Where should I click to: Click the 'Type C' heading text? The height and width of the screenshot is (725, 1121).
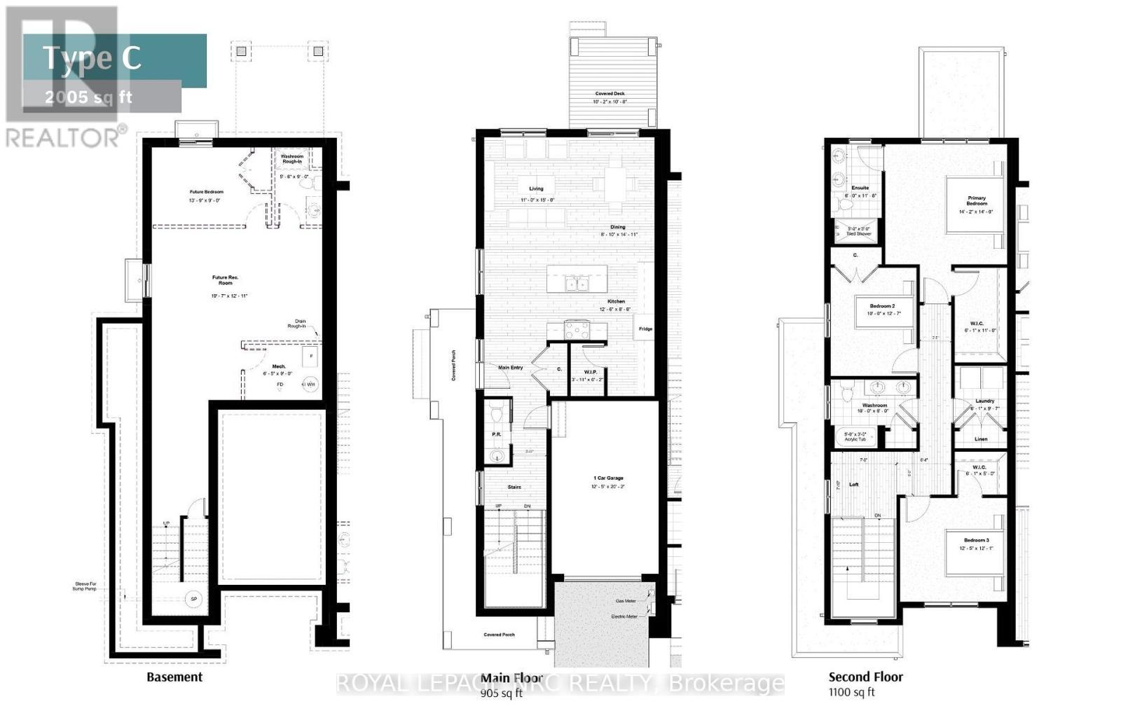click(92, 58)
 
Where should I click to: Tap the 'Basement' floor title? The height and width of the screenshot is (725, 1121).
click(174, 677)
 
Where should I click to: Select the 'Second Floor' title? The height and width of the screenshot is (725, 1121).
click(865, 677)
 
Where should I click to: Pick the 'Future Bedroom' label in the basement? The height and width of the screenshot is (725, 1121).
click(206, 192)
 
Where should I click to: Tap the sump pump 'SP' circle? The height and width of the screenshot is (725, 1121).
click(193, 600)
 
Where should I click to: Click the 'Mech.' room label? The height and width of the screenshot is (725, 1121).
click(279, 366)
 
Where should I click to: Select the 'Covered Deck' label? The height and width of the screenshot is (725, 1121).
click(610, 94)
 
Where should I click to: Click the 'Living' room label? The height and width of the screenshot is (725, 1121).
click(536, 188)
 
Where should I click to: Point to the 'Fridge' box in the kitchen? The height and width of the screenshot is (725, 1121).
click(645, 329)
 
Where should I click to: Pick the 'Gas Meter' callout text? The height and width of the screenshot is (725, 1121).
click(626, 601)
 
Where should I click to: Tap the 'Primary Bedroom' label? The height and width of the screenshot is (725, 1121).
click(977, 201)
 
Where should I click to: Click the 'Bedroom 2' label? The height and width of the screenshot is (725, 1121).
click(882, 306)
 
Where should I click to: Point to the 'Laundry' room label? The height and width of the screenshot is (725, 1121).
click(984, 401)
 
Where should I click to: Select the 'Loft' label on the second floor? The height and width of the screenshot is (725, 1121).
click(853, 484)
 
